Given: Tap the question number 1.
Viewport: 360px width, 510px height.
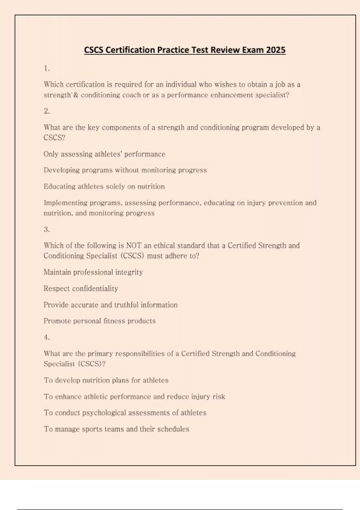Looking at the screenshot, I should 47,68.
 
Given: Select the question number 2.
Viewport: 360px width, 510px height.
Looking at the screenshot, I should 47,111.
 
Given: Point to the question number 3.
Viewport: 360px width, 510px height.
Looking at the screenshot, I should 47,229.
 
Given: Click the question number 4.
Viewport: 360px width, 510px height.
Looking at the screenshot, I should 47,337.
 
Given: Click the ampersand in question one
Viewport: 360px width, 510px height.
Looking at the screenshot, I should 76,95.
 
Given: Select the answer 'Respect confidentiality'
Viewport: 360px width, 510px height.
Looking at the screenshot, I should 81,289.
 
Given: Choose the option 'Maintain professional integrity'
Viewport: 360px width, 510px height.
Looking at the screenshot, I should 93,272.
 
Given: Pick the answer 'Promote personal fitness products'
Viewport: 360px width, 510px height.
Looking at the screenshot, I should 100,321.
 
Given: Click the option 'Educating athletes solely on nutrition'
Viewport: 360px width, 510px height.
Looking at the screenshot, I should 104,187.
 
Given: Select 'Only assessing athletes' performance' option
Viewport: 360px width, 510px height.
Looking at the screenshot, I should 104,154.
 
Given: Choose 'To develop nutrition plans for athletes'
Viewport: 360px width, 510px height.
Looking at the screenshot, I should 106,380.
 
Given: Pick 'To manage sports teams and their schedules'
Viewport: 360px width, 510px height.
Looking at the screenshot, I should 116,429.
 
